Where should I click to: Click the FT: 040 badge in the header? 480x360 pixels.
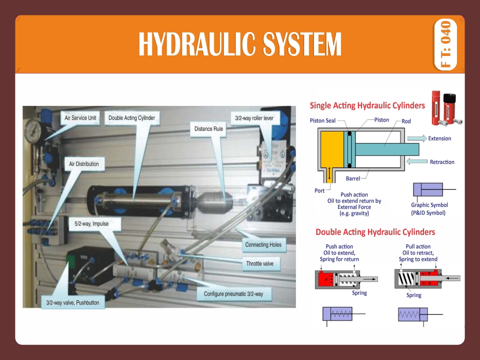[446, 44]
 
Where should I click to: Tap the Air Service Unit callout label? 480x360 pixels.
[80, 118]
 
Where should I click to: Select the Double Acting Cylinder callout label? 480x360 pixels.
[131, 118]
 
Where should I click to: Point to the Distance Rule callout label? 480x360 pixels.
[209, 129]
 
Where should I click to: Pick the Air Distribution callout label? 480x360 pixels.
[83, 164]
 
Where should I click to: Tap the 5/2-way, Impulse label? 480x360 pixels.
[91, 224]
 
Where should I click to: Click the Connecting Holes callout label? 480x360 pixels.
[263, 245]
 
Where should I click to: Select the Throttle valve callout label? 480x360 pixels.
[259, 263]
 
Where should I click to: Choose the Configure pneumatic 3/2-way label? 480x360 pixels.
[233, 294]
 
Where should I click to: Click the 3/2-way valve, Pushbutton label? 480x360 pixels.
[73, 303]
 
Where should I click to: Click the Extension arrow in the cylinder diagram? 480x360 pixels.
[416, 138]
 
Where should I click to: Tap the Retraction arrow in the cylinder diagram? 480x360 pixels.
[416, 161]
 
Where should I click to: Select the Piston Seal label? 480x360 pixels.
[323, 120]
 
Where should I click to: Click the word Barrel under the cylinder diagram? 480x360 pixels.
[352, 178]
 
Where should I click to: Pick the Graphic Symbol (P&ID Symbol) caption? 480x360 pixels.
[429, 209]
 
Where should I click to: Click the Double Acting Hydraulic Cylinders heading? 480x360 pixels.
[375, 232]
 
